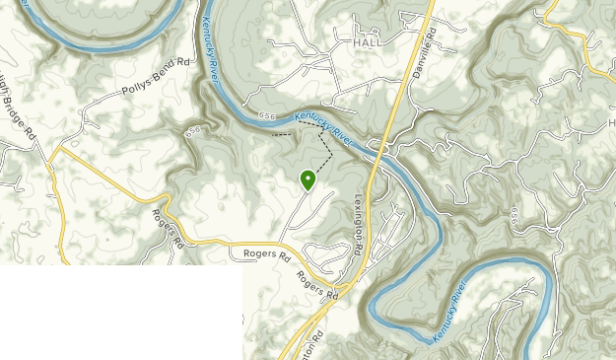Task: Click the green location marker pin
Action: click(308, 180)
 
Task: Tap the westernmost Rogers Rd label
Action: click(169, 228)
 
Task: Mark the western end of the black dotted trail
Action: click(273, 133)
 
